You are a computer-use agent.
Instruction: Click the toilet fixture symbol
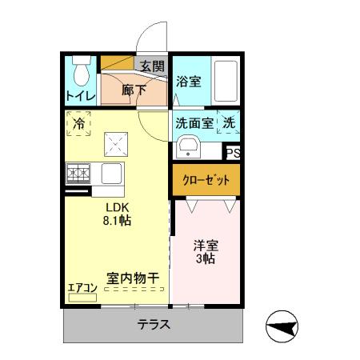click(80, 73)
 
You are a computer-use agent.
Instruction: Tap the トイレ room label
click(81, 97)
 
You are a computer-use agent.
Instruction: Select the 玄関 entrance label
click(152, 66)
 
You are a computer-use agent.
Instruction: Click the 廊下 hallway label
click(134, 90)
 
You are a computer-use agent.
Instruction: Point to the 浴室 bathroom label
click(188, 81)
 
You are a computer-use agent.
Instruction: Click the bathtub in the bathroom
click(226, 81)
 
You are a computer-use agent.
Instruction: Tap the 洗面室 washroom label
click(194, 124)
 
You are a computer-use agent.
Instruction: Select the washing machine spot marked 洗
click(229, 124)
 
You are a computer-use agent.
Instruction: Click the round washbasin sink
click(190, 147)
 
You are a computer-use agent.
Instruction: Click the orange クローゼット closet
click(205, 180)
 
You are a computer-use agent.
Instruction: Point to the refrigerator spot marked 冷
click(79, 123)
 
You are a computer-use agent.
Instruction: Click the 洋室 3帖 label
click(206, 251)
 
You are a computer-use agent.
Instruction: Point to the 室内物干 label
click(133, 278)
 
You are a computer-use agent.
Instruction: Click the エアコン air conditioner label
click(82, 288)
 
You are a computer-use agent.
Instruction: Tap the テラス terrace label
click(152, 325)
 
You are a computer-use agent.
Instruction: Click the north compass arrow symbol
click(282, 326)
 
